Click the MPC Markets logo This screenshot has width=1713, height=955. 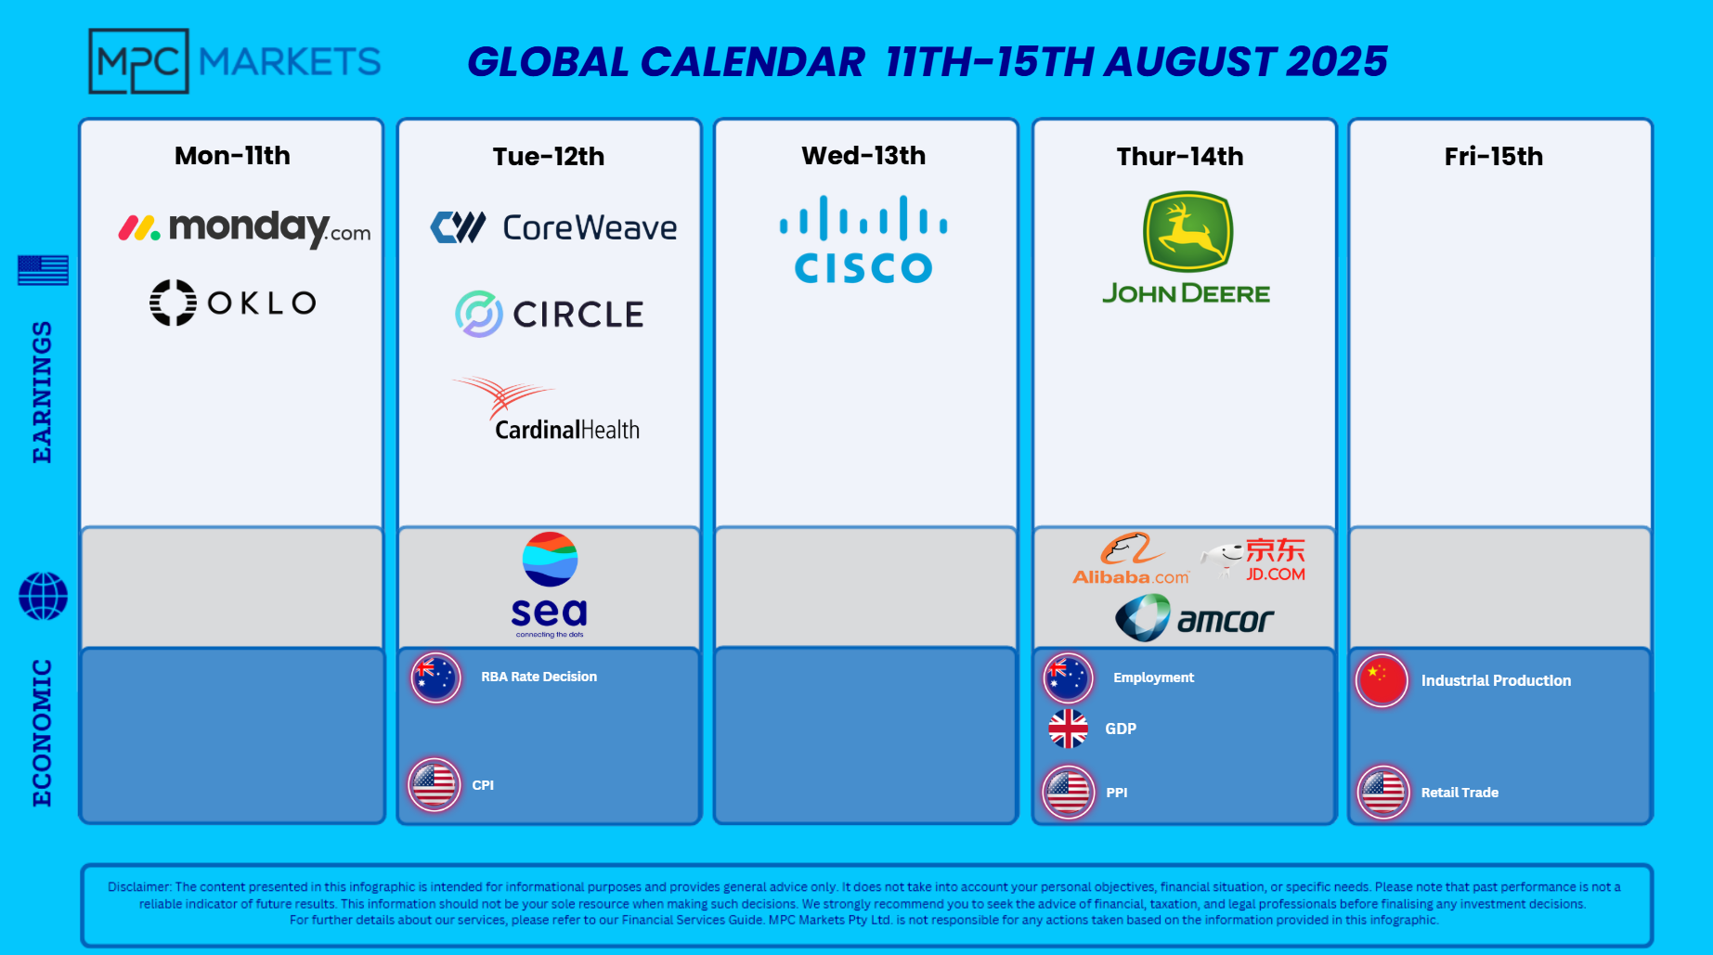pos(234,61)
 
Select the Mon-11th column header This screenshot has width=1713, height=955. pos(232,156)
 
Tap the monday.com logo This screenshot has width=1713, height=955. pos(244,227)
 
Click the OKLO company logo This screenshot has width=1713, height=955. pos(233,303)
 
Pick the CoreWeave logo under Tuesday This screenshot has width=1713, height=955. pos(553,227)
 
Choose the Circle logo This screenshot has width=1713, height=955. pos(550,314)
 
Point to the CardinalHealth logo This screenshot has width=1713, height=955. pos(546,408)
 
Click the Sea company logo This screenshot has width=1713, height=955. pos(550,585)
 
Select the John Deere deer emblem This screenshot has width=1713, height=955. pos(1187,231)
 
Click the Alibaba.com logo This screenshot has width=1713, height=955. pos(1131,559)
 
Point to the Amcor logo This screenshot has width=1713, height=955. pos(1194,618)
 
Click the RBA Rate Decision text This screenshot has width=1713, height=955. pos(539,677)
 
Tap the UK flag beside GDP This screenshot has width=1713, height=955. pos(1068,729)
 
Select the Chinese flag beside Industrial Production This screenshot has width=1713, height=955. pos(1382,680)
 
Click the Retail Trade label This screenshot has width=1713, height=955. pos(1460,793)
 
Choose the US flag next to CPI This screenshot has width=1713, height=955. pos(434,785)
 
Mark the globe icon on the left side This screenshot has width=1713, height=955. pos(43,596)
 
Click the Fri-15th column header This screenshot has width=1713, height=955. pos(1494,156)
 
